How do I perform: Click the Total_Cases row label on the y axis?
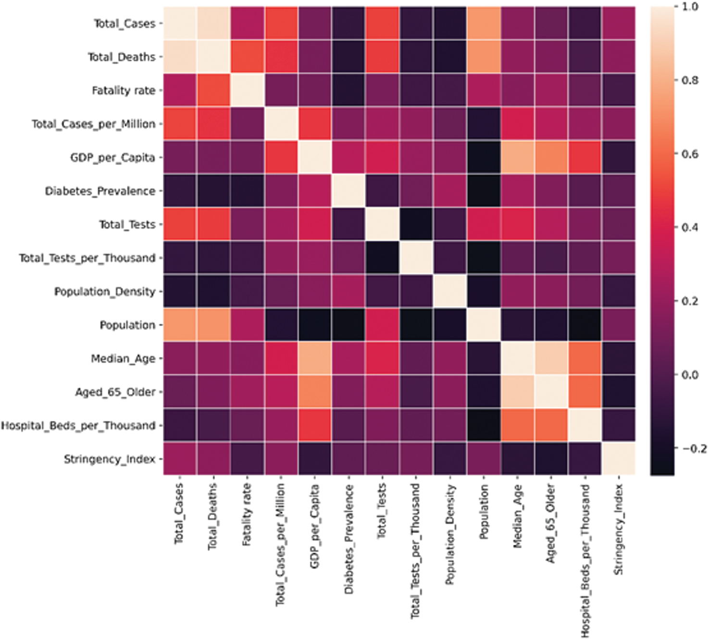124,24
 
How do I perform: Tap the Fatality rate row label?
124,90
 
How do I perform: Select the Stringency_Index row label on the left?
110,459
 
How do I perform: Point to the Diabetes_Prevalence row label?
100,191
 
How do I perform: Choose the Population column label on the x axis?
484,511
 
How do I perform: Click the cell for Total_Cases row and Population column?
483,23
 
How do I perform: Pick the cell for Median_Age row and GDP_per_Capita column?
314,358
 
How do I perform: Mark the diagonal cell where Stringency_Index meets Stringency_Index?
618,459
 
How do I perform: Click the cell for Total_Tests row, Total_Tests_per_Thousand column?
415,224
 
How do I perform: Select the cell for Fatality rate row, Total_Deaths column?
213,90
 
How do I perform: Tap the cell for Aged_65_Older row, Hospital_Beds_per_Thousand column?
585,392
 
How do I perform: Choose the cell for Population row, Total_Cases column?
180,325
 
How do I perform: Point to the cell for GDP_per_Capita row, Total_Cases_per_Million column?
281,157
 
